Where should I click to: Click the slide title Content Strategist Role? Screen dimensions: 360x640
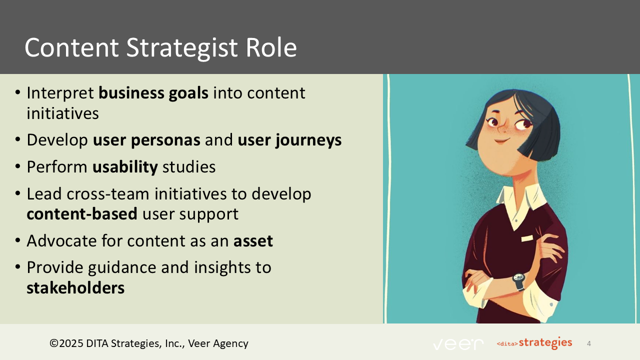pos(160,47)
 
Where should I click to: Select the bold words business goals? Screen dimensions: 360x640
pos(153,93)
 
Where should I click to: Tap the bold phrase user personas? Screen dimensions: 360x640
pos(146,140)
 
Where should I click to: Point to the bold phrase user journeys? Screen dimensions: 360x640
pos(289,140)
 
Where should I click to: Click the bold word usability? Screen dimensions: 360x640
pos(125,166)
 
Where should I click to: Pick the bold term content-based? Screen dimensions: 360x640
pos(82,214)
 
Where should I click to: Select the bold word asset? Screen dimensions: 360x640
pos(253,241)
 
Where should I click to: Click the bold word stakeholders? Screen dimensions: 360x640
pos(75,288)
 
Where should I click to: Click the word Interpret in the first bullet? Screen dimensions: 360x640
pos(60,93)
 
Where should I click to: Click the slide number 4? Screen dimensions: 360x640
pos(589,343)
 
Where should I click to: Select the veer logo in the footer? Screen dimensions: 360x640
pos(458,344)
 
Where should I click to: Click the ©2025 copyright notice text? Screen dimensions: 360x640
pos(148,343)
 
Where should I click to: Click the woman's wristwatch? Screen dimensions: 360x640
pos(518,281)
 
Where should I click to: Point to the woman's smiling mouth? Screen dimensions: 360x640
pos(500,140)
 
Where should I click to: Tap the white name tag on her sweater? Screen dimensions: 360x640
pos(527,239)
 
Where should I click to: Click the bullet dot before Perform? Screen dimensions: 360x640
pos(17,167)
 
